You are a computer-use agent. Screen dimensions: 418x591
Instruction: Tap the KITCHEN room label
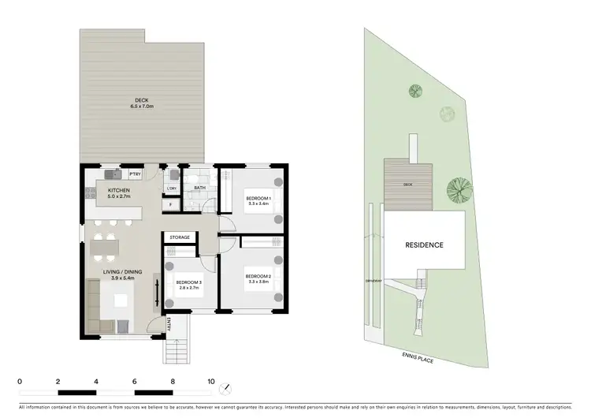click(119, 190)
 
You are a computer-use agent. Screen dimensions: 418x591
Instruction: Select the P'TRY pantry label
click(146, 174)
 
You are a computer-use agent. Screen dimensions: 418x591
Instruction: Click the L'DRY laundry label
click(172, 189)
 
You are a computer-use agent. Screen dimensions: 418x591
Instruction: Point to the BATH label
click(200, 188)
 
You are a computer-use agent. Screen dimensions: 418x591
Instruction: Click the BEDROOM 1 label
click(258, 197)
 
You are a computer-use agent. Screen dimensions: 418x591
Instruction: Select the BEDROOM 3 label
click(189, 282)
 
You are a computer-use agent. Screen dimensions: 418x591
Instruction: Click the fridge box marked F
click(171, 205)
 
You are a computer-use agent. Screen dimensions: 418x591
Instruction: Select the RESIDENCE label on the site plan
click(424, 244)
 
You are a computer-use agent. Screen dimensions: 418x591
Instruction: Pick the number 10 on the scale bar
click(210, 380)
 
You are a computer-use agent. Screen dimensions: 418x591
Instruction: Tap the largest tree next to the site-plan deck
click(455, 189)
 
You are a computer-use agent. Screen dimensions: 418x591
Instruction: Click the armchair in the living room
click(123, 326)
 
